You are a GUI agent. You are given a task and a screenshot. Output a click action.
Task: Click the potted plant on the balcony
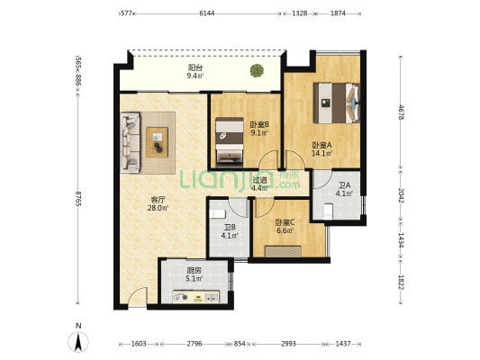(257, 71)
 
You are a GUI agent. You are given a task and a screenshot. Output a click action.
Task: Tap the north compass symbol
(78, 341)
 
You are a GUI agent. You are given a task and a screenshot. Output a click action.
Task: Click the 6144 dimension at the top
(207, 13)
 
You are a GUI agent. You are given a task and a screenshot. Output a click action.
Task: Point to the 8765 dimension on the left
(78, 199)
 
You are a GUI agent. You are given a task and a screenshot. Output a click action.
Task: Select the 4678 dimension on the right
(401, 112)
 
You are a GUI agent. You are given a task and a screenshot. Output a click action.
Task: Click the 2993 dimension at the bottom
(288, 344)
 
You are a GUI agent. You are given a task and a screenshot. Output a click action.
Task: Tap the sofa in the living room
(131, 142)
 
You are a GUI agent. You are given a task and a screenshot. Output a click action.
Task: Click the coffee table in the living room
(157, 142)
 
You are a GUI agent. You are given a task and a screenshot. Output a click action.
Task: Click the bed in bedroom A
(337, 103)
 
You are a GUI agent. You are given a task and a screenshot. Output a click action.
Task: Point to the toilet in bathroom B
(217, 214)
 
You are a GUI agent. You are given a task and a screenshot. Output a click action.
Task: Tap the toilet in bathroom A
(328, 211)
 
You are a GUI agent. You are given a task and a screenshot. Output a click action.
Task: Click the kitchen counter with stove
(196, 296)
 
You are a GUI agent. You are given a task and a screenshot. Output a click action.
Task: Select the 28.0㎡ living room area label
(158, 208)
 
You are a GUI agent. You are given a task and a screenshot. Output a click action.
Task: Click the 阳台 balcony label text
(195, 67)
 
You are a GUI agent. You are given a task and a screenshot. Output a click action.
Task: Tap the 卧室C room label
(285, 222)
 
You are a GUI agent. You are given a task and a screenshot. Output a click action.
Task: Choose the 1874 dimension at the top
(338, 13)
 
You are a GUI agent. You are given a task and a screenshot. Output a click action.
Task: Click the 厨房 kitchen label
(195, 270)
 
